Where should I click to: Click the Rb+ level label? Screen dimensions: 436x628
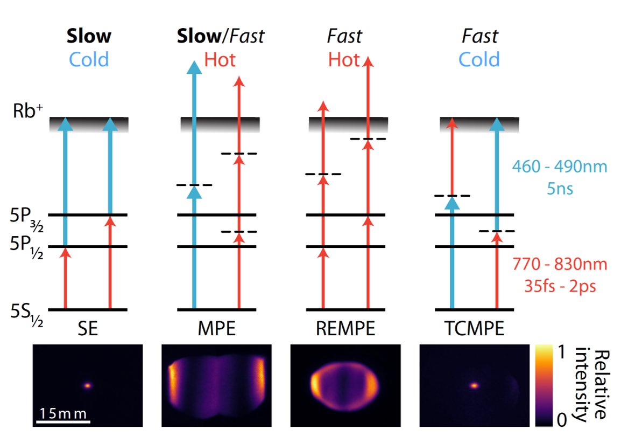point(28,113)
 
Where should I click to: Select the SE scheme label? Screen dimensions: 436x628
point(88,328)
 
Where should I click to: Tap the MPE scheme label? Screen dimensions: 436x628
point(217,328)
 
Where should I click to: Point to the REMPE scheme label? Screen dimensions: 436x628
point(345,328)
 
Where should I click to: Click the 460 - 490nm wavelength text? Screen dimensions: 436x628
point(559,167)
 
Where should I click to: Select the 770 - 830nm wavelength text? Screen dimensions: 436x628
point(560,265)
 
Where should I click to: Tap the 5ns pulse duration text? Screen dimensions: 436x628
point(560,189)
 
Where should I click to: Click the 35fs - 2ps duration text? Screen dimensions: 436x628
point(560,286)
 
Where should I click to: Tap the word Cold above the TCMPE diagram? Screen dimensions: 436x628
point(479,59)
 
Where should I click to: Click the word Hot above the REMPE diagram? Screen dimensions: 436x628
point(344,59)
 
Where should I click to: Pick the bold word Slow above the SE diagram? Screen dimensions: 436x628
point(89,36)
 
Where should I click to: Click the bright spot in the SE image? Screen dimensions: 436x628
point(88,385)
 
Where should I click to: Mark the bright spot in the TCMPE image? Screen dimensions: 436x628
point(474,385)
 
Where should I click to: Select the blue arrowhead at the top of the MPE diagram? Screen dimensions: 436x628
point(195,66)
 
